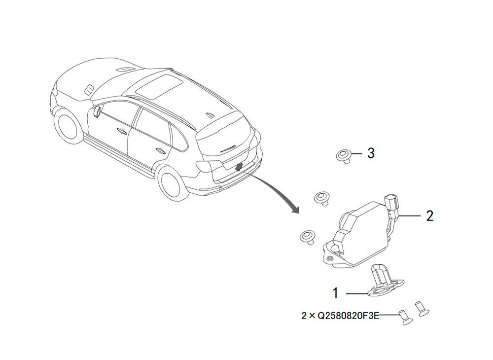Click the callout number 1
(x=335, y=293)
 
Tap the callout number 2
(x=430, y=216)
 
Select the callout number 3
(x=371, y=153)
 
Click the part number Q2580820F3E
(x=349, y=315)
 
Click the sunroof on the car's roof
(x=159, y=86)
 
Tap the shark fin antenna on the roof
(x=210, y=114)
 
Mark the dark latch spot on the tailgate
(x=239, y=167)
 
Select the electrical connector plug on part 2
(x=391, y=205)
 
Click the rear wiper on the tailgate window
(x=227, y=148)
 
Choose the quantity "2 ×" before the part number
(x=308, y=315)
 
